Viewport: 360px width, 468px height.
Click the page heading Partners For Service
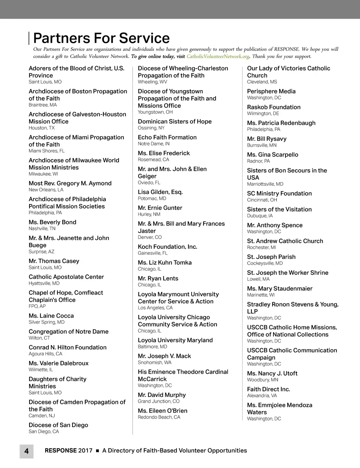tap(101, 38)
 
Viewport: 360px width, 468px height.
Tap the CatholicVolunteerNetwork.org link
tap(218, 56)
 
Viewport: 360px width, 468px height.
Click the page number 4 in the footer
tap(26, 451)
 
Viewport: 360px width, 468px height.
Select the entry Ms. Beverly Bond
tap(52, 222)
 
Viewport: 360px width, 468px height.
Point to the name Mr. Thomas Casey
tap(54, 261)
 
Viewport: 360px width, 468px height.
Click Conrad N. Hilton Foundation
tap(67, 347)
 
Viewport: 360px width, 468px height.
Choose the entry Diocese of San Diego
tap(58, 425)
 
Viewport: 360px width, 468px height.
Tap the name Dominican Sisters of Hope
tap(175, 121)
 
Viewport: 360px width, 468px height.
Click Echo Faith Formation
tap(167, 137)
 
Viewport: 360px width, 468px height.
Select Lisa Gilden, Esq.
tap(160, 192)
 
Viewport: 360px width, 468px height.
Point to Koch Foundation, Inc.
tap(167, 247)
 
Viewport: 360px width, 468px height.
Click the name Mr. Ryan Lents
tap(158, 278)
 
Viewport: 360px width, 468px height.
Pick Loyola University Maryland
tap(175, 340)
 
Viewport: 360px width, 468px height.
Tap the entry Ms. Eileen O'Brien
tap(162, 411)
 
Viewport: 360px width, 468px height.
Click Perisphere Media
tap(271, 91)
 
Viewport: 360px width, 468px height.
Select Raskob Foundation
tap(274, 107)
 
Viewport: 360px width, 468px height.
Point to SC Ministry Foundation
tap(279, 194)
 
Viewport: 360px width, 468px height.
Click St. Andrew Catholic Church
tap(285, 241)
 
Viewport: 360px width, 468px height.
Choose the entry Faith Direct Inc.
tap(268, 389)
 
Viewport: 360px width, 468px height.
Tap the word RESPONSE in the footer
tap(60, 450)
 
